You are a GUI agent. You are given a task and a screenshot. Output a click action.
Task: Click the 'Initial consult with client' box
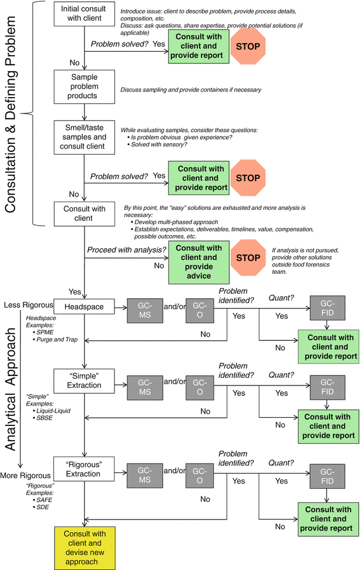86,14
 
